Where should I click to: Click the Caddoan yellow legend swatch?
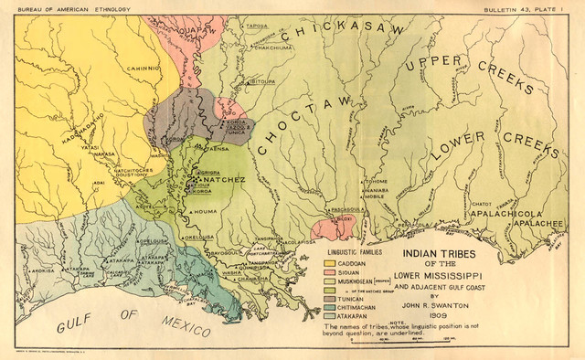pyautogui.click(x=331, y=262)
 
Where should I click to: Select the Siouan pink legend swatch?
pyautogui.click(x=331, y=272)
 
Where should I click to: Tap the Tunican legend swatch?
pyautogui.click(x=331, y=300)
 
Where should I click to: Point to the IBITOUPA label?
pyautogui.click(x=262, y=80)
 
